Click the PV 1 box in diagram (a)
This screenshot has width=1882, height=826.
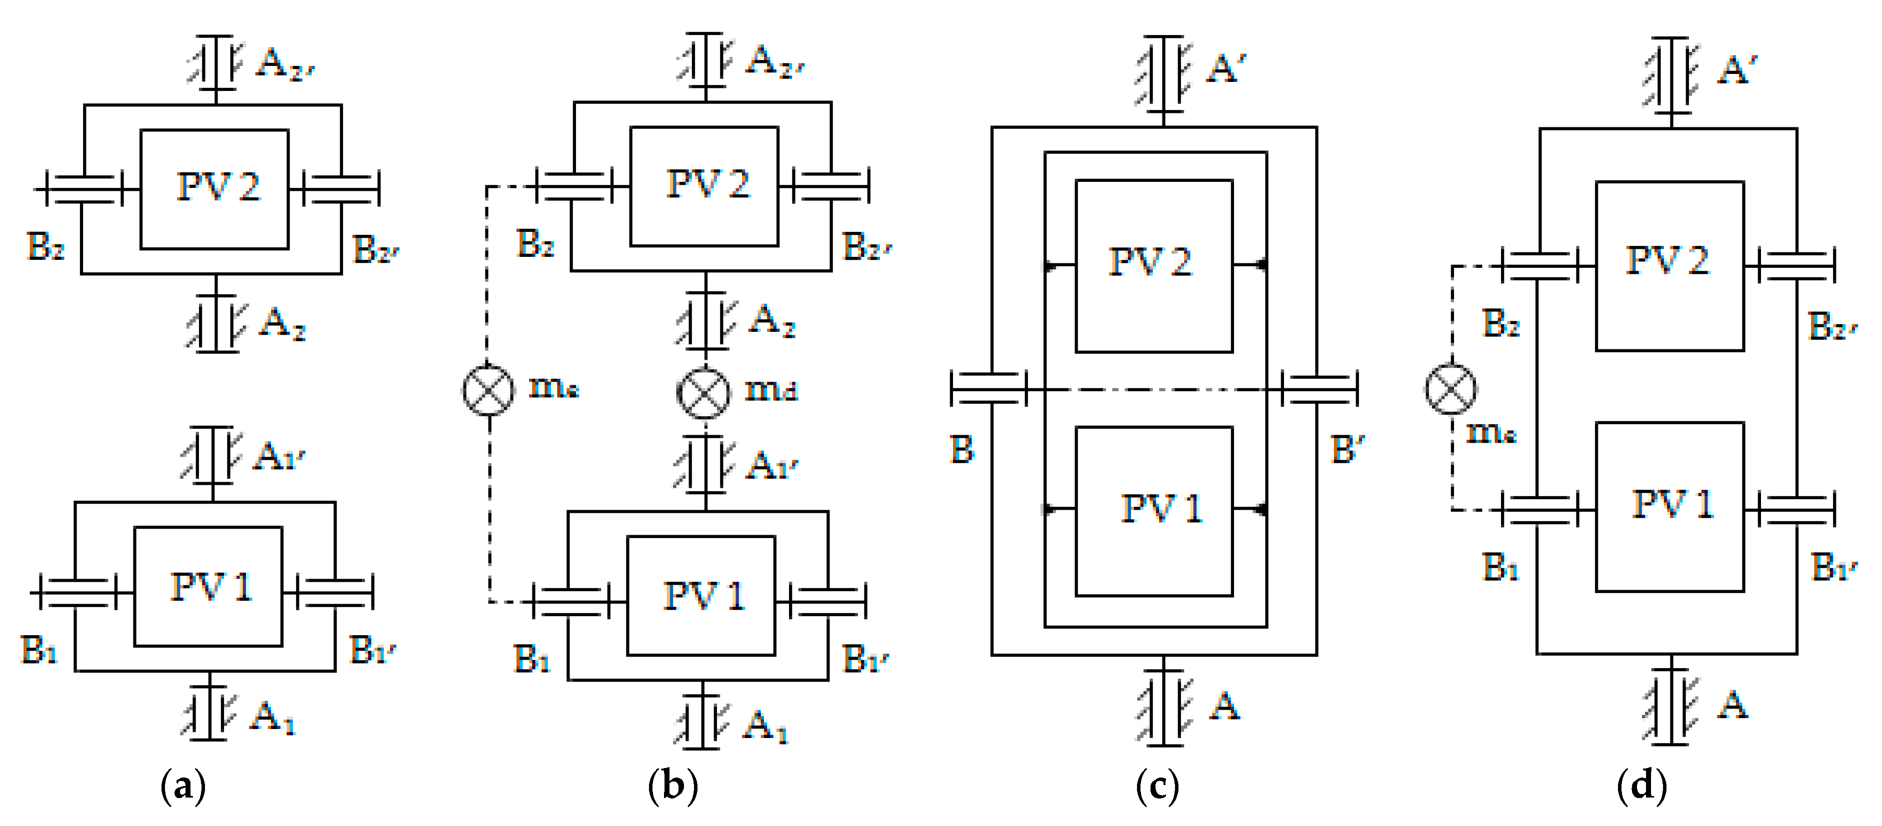[x=208, y=587]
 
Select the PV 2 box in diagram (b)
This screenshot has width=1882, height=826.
[x=704, y=186]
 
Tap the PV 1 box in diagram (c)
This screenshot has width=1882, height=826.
[x=1154, y=511]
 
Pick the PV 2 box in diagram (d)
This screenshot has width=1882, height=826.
[x=1669, y=265]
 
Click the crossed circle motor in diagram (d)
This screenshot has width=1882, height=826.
[x=1451, y=389]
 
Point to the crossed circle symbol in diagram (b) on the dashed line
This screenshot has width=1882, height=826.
[x=488, y=389]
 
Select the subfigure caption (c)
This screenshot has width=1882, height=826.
[x=1157, y=787]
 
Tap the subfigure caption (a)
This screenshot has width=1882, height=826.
[x=182, y=787]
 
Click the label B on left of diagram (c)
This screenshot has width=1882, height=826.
[x=961, y=450]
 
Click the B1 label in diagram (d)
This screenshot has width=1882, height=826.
[x=1500, y=567]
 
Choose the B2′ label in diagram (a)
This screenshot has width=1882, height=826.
[x=375, y=250]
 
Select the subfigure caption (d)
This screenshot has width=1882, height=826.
[x=1641, y=787]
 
